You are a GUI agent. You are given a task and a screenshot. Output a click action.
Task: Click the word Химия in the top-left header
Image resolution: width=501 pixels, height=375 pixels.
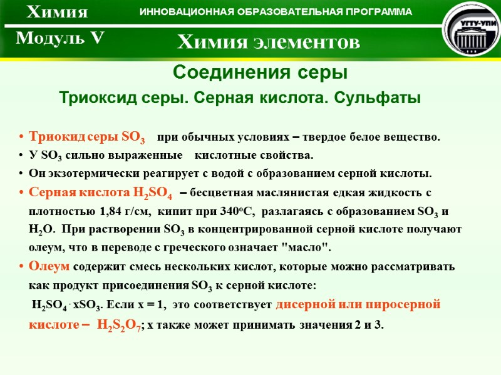tap(57, 12)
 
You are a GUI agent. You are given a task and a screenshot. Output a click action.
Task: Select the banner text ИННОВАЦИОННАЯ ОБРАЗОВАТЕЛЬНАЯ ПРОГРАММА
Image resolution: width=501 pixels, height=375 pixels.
tap(276, 12)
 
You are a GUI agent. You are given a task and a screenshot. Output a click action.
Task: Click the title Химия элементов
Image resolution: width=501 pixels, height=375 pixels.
tap(269, 42)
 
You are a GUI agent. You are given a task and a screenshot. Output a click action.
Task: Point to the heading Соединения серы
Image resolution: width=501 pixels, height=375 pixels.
tap(259, 73)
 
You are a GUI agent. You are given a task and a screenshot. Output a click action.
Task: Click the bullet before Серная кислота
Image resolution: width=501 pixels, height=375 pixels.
tap(23, 192)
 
